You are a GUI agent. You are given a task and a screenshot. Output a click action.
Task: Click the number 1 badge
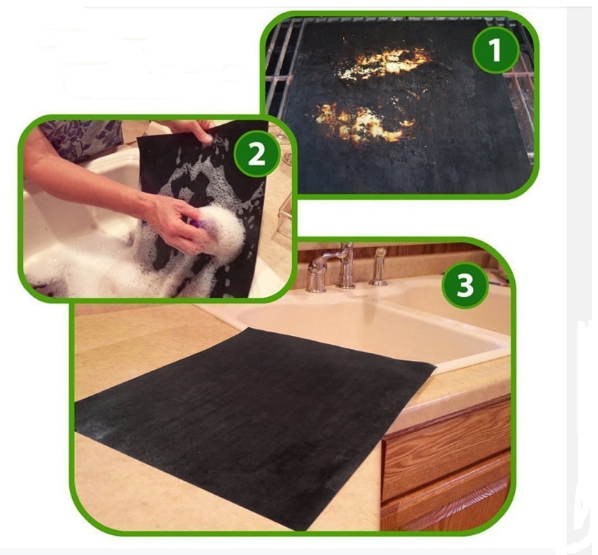(496, 50)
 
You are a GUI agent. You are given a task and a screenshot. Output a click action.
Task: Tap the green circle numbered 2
(256, 154)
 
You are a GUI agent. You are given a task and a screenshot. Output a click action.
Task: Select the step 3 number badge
(466, 285)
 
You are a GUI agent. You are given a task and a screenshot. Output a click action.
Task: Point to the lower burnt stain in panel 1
(363, 121)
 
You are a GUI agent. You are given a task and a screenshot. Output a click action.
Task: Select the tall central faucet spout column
(346, 265)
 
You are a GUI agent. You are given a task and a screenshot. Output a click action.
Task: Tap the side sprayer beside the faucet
(379, 267)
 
